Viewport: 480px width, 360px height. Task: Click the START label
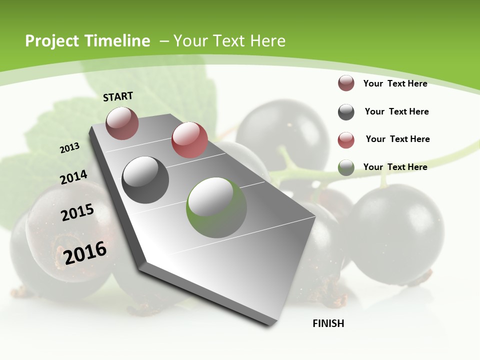118,96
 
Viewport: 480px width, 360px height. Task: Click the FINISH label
328,323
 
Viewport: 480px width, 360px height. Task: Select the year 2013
69,147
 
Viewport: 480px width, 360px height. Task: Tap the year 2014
73,177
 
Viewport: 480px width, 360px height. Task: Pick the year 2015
77,212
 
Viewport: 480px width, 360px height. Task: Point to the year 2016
85,252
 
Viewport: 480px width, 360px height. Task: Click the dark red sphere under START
122,123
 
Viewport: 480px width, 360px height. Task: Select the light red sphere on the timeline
189,140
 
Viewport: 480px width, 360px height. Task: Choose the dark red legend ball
346,83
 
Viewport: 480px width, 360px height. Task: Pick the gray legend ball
346,112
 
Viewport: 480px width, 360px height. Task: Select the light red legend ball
346,140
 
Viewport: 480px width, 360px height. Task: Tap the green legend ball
346,167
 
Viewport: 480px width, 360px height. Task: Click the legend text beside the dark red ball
395,83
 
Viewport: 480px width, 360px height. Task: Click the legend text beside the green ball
395,167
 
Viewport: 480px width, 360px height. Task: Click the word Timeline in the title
118,41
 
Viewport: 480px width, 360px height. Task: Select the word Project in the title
52,41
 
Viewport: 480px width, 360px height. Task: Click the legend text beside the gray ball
396,111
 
